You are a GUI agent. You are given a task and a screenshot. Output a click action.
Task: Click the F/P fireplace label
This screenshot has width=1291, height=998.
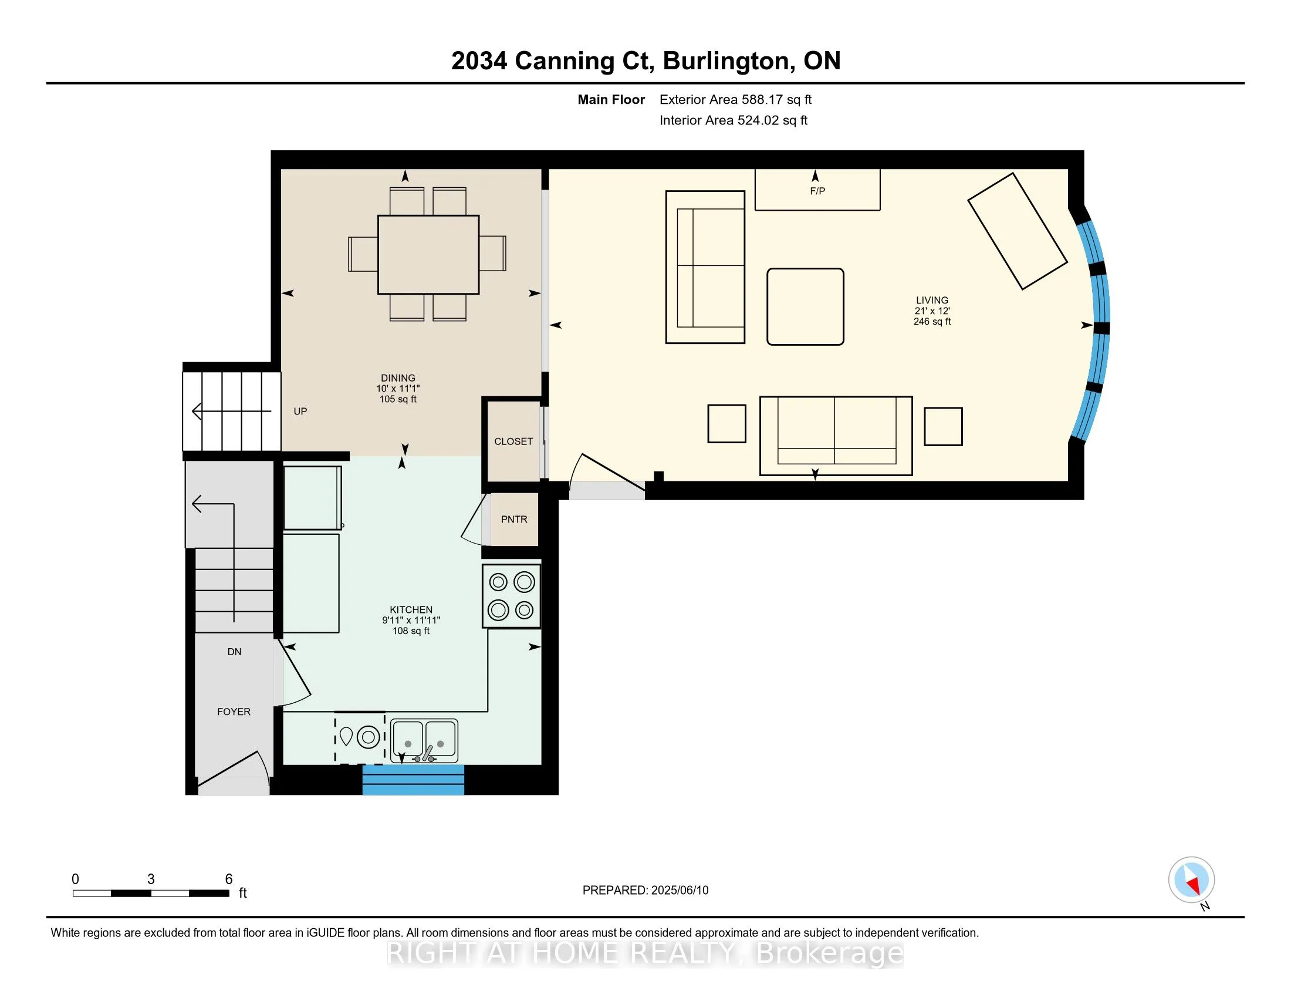tap(817, 191)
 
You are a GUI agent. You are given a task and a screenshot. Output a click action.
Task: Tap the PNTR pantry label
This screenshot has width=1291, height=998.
tap(513, 519)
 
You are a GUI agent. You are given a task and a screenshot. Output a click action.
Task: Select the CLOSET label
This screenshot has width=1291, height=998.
tap(513, 441)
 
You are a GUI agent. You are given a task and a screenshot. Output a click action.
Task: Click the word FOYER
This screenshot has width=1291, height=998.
tap(234, 712)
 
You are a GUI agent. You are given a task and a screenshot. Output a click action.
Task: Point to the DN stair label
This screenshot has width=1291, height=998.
tap(234, 652)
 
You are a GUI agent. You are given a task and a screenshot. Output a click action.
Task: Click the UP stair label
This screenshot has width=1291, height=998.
tap(300, 411)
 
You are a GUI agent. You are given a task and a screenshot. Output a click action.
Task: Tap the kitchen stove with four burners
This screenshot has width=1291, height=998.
tap(511, 596)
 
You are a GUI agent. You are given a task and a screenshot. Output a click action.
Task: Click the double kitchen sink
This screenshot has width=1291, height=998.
tap(424, 740)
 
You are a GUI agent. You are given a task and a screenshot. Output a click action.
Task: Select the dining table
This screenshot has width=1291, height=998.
tap(428, 254)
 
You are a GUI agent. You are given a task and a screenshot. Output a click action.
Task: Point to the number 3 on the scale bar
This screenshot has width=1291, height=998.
tap(151, 879)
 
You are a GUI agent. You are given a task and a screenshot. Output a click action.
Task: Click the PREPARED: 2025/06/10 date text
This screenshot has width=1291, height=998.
tap(645, 890)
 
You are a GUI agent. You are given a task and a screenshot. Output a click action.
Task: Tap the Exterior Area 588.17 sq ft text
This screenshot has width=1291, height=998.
tap(735, 99)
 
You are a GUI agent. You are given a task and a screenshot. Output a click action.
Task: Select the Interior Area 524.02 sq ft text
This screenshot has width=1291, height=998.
tap(734, 120)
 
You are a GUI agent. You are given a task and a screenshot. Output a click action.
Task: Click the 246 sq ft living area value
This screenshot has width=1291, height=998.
tap(932, 322)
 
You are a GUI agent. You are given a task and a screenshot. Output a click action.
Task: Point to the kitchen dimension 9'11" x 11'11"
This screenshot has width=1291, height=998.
tap(411, 620)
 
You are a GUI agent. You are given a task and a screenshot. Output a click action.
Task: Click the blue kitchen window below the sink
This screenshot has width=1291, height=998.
tap(413, 780)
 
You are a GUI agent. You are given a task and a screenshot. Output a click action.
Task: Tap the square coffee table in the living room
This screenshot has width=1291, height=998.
tap(805, 306)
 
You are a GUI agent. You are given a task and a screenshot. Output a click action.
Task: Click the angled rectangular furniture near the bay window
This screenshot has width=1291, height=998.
tap(1017, 231)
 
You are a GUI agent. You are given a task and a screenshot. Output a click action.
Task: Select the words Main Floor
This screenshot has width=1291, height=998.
tap(611, 99)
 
